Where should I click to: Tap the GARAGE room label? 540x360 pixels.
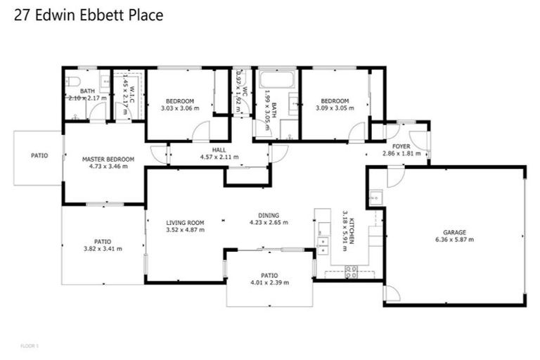pos(454,232)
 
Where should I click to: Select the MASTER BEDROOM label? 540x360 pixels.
pos(108,160)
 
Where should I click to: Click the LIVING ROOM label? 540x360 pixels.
pos(175,223)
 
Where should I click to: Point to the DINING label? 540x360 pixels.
pos(269,216)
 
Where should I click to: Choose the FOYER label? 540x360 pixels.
pos(401,147)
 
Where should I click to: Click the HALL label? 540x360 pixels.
pos(219,150)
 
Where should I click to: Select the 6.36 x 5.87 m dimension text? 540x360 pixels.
pos(454,240)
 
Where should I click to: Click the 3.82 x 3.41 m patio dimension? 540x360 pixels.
pos(103,248)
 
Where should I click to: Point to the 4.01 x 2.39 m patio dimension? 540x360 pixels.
pos(269,283)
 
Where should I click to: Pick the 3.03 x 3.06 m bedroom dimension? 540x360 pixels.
pos(180,108)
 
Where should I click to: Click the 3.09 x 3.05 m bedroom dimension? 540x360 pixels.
pos(335,108)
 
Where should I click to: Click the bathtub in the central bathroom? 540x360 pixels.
pos(278,79)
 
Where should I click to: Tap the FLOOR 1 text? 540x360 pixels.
pos(29,346)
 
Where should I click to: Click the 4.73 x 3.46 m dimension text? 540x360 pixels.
pos(108,167)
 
